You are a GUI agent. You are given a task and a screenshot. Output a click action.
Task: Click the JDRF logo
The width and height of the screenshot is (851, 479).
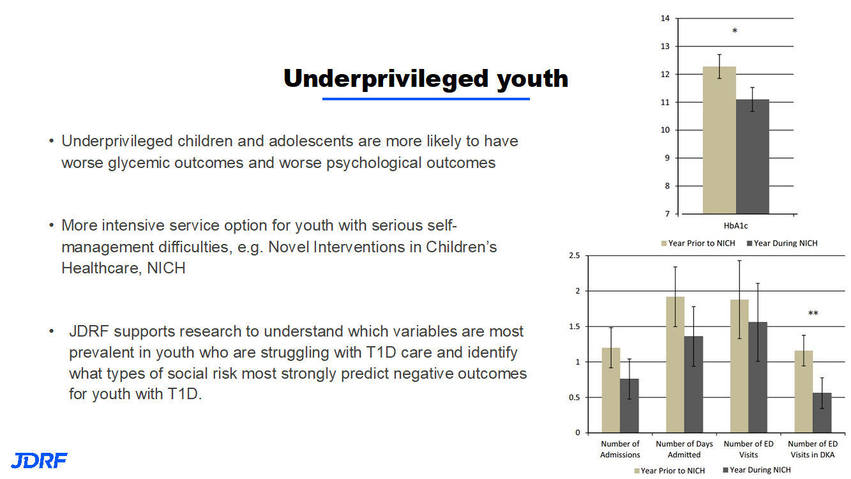[x=39, y=460]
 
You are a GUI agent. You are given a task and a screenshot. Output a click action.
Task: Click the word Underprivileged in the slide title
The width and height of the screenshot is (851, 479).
[x=386, y=79]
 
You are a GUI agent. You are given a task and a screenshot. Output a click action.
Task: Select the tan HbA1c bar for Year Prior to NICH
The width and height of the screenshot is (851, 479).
[x=719, y=140]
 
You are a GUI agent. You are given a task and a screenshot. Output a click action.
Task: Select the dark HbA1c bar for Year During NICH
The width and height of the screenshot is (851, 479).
[x=752, y=156]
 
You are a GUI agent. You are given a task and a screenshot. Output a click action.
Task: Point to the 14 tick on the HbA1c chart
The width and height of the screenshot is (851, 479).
[x=665, y=19]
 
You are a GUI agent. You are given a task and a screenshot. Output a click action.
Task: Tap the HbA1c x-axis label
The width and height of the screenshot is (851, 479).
[x=735, y=226]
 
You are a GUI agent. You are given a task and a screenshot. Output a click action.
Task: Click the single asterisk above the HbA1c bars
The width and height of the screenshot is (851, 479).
[x=735, y=31]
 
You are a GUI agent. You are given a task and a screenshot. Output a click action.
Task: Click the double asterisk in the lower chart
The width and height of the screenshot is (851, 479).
[x=813, y=313]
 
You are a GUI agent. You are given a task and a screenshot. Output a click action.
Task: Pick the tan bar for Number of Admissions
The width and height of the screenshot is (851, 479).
[x=611, y=390]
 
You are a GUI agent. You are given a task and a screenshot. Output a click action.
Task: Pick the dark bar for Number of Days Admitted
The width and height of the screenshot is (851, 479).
[x=694, y=384]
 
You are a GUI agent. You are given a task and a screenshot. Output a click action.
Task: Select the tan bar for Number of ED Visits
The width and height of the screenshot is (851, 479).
[x=739, y=366]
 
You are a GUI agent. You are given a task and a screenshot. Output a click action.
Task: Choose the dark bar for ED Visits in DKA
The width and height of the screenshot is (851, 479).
[x=822, y=413]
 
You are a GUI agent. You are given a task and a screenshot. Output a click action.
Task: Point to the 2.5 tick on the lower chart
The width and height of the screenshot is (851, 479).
[x=575, y=255]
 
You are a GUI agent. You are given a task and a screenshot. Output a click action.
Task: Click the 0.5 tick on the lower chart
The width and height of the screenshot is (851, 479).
[x=575, y=397]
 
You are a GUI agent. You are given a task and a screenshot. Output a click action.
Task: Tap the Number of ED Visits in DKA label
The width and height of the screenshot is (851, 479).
[x=813, y=449]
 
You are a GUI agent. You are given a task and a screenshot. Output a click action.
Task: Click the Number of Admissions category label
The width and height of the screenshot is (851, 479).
[x=620, y=449]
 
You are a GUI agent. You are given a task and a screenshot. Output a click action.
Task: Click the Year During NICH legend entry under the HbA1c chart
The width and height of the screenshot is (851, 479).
[x=782, y=243]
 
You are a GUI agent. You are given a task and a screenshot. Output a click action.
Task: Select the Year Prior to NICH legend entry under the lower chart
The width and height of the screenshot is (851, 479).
[x=670, y=471]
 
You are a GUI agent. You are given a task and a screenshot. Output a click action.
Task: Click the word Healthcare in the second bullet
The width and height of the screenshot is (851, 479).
[x=100, y=268]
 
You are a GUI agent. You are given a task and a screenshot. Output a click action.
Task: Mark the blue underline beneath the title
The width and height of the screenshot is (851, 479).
[x=426, y=99]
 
